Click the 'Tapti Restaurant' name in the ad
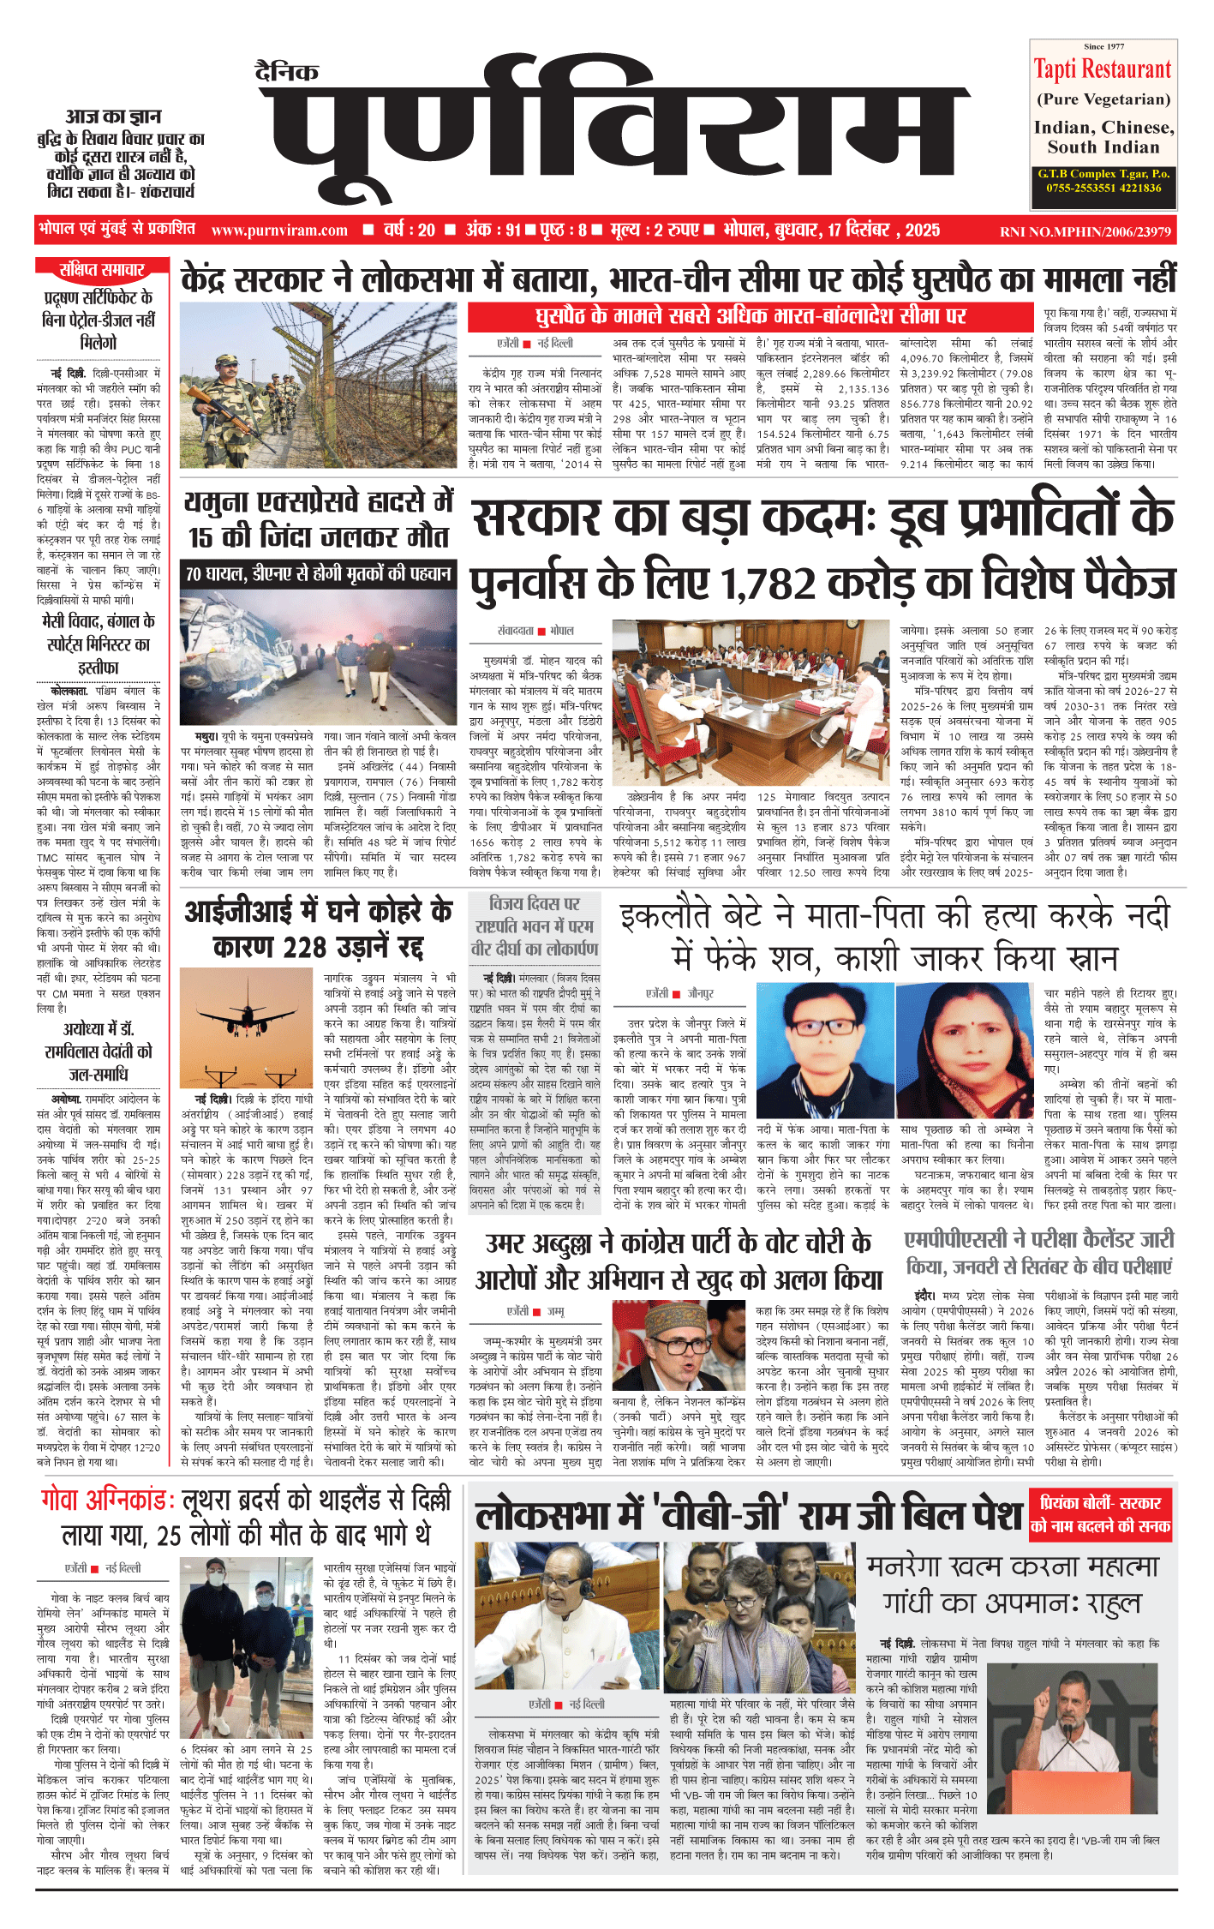pyautogui.click(x=1103, y=69)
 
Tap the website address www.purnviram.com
pyautogui.click(x=279, y=230)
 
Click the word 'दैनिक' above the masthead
pyautogui.click(x=287, y=71)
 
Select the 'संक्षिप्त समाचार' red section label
pyautogui.click(x=101, y=270)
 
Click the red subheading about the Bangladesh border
pyautogui.click(x=751, y=316)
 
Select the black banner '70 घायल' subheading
pyautogui.click(x=319, y=573)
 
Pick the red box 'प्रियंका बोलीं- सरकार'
pyautogui.click(x=1100, y=1503)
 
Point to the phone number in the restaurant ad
pyautogui.click(x=1103, y=188)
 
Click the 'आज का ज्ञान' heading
pyautogui.click(x=114, y=117)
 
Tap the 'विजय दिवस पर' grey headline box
pyautogui.click(x=535, y=903)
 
